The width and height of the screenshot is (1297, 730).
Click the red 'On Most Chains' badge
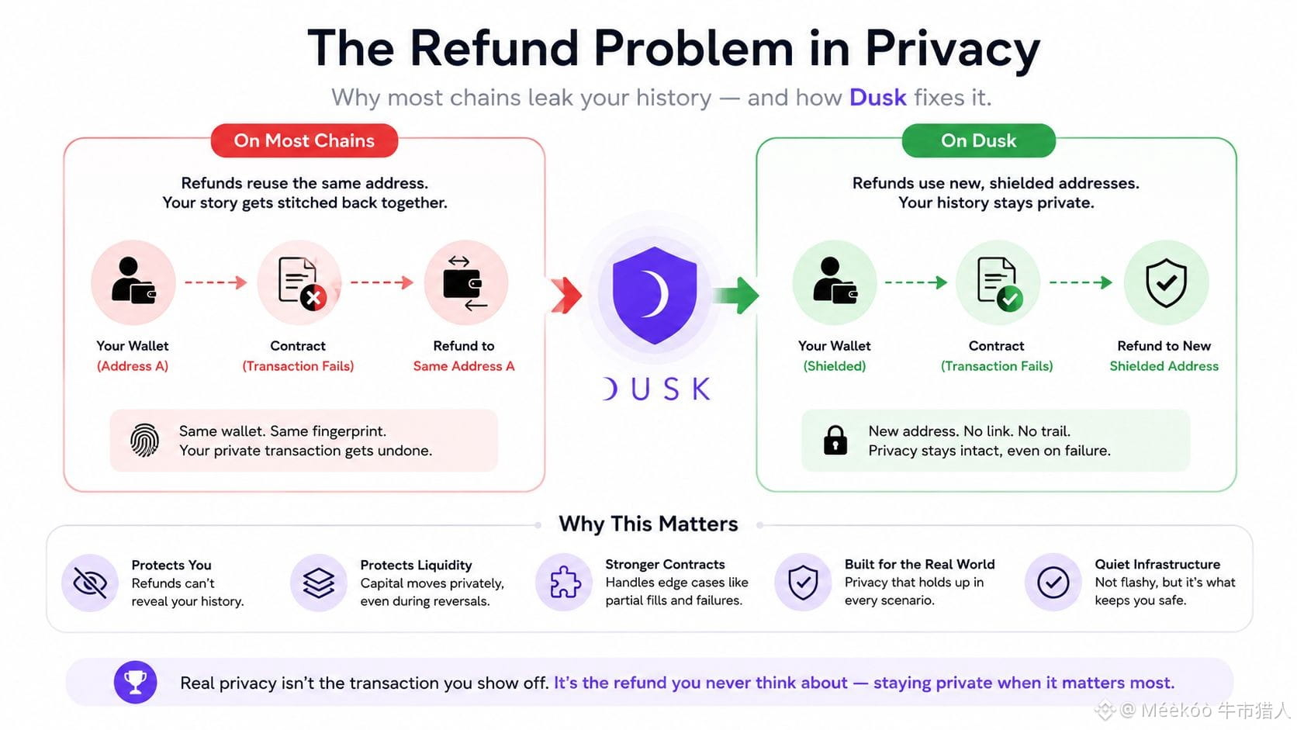304,140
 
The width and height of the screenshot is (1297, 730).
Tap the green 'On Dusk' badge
978,140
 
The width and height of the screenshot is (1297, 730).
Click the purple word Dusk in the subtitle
878,97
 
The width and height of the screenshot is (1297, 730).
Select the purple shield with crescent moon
654,296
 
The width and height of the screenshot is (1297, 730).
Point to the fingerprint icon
144,441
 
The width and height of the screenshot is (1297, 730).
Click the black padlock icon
835,441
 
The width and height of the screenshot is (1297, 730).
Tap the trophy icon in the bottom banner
136,683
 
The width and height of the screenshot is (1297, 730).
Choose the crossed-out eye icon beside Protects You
90,583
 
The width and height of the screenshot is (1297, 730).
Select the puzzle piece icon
565,582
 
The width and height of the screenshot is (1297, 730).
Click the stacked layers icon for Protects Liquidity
319,583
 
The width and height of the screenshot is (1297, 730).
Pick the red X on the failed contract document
313,298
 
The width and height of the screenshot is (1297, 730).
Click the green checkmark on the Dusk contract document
1010,299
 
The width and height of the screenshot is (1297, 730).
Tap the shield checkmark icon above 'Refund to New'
1166,282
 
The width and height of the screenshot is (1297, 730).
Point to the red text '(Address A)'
133,366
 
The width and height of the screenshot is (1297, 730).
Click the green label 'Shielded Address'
1164,366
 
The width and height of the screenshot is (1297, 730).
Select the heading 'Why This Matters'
648,524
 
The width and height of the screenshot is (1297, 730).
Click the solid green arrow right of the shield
736,296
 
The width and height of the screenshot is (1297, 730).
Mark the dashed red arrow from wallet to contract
216,282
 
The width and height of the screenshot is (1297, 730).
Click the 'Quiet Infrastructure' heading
1157,565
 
